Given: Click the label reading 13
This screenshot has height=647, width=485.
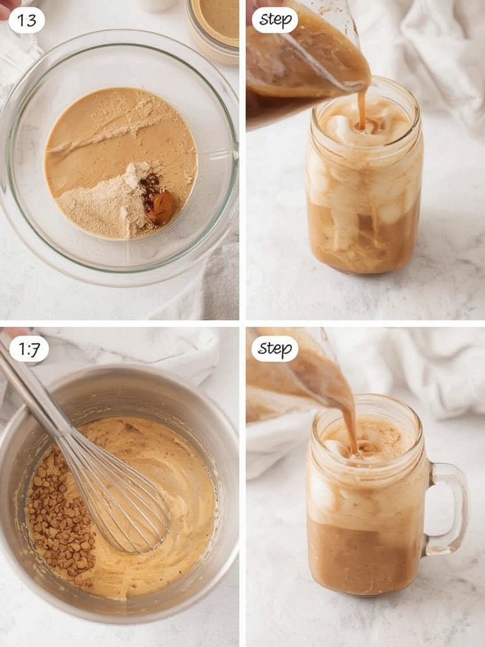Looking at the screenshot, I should pyautogui.click(x=27, y=20).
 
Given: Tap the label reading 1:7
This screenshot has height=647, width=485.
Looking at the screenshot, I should pyautogui.click(x=29, y=349).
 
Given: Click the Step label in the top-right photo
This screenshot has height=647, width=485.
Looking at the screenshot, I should pyautogui.click(x=275, y=20).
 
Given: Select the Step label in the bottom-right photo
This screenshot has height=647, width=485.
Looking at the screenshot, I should pyautogui.click(x=275, y=349).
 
